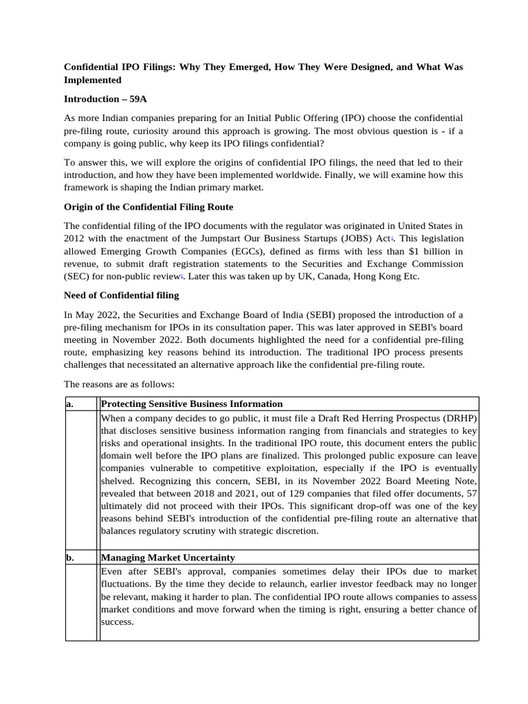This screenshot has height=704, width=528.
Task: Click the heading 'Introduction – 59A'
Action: (x=105, y=99)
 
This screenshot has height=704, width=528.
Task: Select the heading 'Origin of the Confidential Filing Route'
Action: (x=148, y=206)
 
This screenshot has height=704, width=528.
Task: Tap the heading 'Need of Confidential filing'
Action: (x=121, y=295)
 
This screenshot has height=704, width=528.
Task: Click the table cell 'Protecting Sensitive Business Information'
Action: (x=192, y=404)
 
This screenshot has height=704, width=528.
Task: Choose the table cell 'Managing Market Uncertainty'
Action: (x=168, y=558)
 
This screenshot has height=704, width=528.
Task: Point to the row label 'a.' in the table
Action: (x=69, y=404)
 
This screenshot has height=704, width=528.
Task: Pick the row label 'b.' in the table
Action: (x=69, y=558)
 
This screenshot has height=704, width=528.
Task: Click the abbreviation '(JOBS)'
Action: (x=353, y=238)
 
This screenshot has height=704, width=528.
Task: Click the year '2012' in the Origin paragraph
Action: (x=75, y=238)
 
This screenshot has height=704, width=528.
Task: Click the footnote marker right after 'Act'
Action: (x=392, y=236)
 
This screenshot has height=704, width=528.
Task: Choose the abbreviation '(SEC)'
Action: (x=76, y=276)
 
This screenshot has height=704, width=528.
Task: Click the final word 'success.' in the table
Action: (x=117, y=621)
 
